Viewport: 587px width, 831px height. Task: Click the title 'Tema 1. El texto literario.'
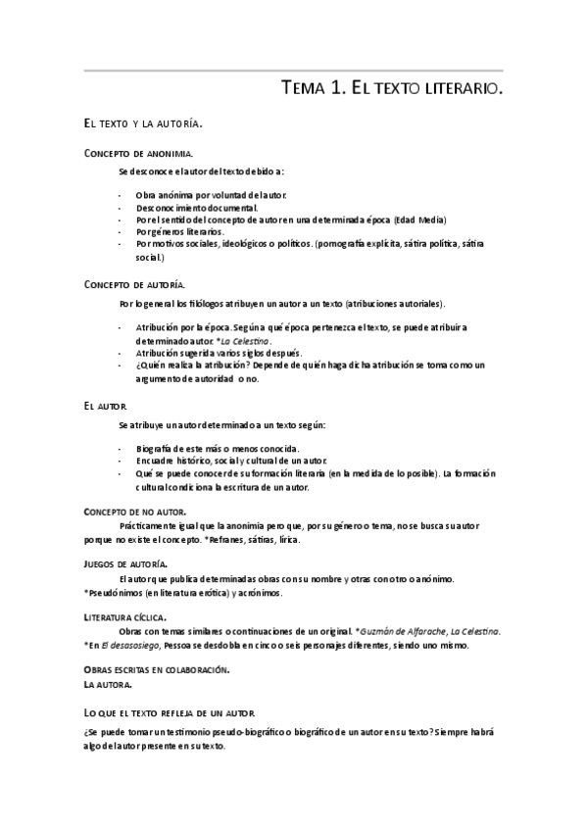[392, 89]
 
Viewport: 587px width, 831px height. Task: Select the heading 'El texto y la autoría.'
[142, 124]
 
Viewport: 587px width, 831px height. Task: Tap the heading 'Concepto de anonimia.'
[138, 155]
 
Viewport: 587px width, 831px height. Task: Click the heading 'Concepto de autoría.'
[134, 284]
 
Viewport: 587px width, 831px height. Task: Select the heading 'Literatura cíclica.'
[124, 617]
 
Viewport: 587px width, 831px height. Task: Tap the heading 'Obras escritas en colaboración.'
[157, 670]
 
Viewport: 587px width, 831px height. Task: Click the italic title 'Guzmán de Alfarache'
[400, 632]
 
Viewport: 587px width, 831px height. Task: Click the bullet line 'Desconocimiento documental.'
[197, 208]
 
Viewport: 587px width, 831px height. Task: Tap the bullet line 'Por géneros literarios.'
[180, 232]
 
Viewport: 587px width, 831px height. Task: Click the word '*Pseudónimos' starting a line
[114, 593]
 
